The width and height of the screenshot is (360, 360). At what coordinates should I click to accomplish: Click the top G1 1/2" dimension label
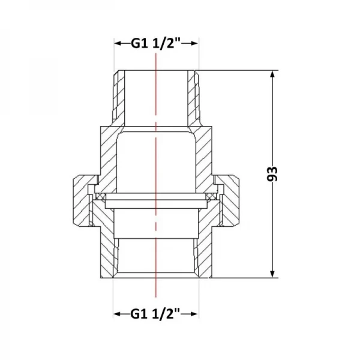pos(156,43)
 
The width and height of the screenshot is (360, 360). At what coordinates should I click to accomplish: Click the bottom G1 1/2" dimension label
pos(155,314)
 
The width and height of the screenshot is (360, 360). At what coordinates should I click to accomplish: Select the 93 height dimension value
pos(272,174)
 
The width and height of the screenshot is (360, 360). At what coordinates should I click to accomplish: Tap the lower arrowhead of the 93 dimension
pos(272,273)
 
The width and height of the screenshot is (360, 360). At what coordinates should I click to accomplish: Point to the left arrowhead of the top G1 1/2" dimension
pos(119,43)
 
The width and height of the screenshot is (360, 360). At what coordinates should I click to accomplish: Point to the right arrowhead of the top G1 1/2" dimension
pos(193,43)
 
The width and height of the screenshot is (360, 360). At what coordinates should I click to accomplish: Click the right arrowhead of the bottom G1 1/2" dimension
pos(193,314)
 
